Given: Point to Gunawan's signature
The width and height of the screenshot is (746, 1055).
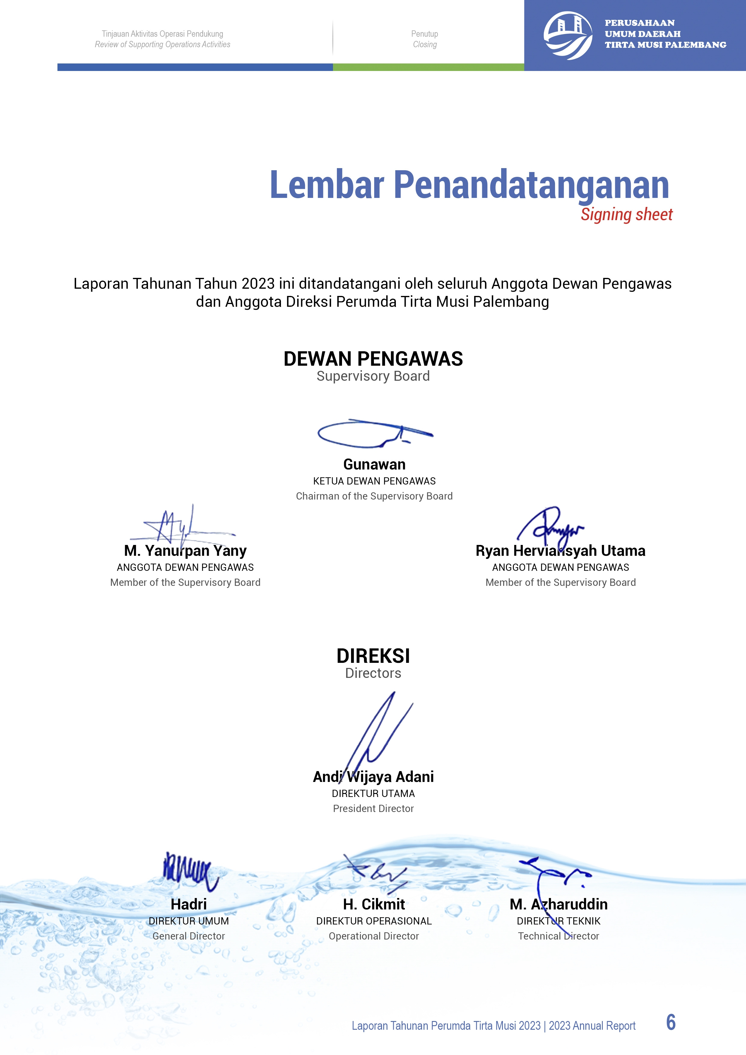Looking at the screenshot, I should pyautogui.click(x=375, y=433).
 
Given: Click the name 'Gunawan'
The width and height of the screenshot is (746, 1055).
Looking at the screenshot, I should pyautogui.click(x=374, y=465).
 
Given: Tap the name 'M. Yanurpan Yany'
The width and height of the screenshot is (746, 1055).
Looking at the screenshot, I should pyautogui.click(x=185, y=550).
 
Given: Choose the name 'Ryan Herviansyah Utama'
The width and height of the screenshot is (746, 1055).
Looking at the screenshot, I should pyautogui.click(x=560, y=550).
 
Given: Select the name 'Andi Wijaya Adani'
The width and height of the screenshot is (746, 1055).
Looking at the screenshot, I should pyautogui.click(x=373, y=777).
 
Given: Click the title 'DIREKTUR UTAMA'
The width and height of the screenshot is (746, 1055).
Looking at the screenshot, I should pyautogui.click(x=373, y=794).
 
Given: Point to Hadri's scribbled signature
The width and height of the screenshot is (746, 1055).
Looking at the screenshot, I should pyautogui.click(x=190, y=870).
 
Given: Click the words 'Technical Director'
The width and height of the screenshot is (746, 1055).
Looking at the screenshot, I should pyautogui.click(x=559, y=936).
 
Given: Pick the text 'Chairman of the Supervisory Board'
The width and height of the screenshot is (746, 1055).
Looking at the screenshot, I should pyautogui.click(x=374, y=496).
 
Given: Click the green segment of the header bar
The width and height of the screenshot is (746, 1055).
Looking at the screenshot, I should pyautogui.click(x=428, y=67).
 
